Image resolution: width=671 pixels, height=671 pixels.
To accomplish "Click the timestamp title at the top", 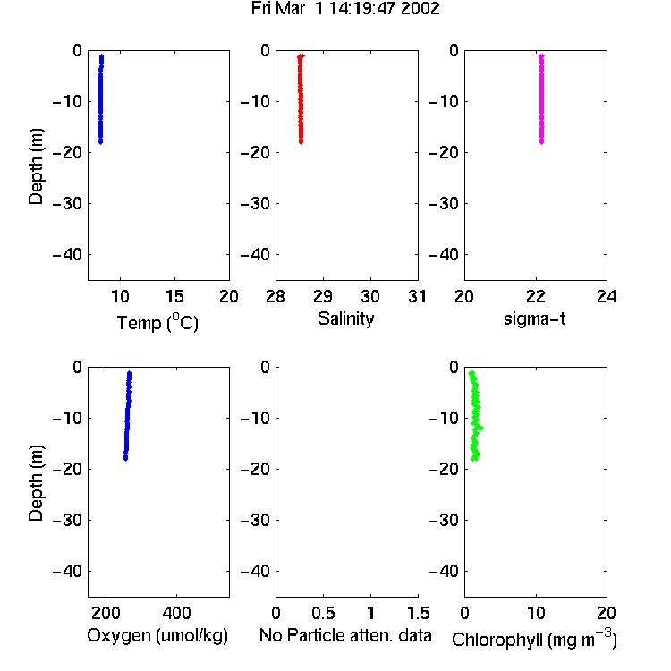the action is tap(345, 8).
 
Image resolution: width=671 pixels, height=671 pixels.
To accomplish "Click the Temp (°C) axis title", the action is tap(157, 322).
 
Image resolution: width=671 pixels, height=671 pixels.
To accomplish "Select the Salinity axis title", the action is tap(345, 319).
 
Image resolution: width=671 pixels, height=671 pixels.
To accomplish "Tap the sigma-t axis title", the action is tap(534, 319).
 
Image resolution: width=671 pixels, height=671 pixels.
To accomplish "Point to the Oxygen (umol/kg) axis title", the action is tap(157, 635).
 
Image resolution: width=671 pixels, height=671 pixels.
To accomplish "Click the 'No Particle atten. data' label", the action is tap(345, 635).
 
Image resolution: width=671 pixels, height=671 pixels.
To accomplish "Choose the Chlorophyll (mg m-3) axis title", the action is tap(534, 639).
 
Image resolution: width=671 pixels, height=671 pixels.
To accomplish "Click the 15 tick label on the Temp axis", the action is tap(174, 296).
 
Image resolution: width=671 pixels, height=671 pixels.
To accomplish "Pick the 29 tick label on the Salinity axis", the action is tap(323, 296).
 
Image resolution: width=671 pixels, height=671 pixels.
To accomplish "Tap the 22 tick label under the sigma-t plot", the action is tap(535, 296).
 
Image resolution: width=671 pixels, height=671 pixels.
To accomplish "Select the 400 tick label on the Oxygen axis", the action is tap(176, 613).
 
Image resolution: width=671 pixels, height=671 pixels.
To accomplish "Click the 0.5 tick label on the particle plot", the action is tap(323, 613).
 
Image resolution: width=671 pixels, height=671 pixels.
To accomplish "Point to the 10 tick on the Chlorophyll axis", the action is tap(536, 613).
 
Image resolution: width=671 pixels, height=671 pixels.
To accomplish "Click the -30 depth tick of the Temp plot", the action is tap(67, 203).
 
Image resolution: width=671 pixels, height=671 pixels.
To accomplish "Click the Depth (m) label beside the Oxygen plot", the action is tap(36, 483).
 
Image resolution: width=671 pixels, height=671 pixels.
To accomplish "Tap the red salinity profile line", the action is tap(301, 98).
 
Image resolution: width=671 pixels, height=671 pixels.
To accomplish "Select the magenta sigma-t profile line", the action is tap(541, 98).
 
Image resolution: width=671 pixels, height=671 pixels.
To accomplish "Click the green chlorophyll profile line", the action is tap(475, 416).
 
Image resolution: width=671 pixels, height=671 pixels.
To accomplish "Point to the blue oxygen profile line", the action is tap(128, 416).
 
